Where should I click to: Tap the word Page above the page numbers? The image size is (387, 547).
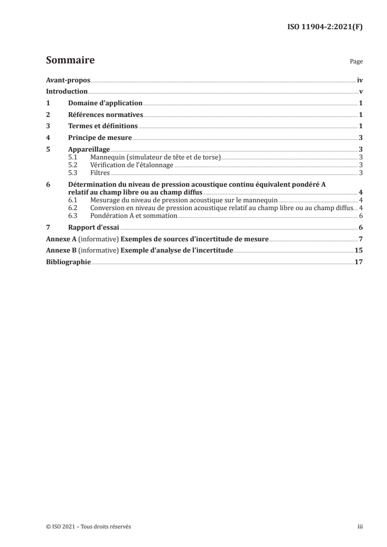click(x=356, y=62)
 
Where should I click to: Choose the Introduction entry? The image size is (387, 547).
click(x=66, y=92)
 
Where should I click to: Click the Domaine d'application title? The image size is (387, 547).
click(x=105, y=103)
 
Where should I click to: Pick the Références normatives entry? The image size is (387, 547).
click(x=105, y=115)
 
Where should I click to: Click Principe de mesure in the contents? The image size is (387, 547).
click(x=100, y=138)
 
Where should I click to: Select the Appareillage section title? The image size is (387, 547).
click(x=89, y=150)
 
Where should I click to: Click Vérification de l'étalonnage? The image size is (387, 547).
click(x=132, y=165)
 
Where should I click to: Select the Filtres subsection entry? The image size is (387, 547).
click(x=100, y=173)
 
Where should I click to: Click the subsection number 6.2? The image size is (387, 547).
click(x=73, y=208)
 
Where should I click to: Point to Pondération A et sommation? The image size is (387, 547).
click(x=133, y=215)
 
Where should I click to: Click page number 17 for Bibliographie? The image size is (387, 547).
click(x=359, y=262)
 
